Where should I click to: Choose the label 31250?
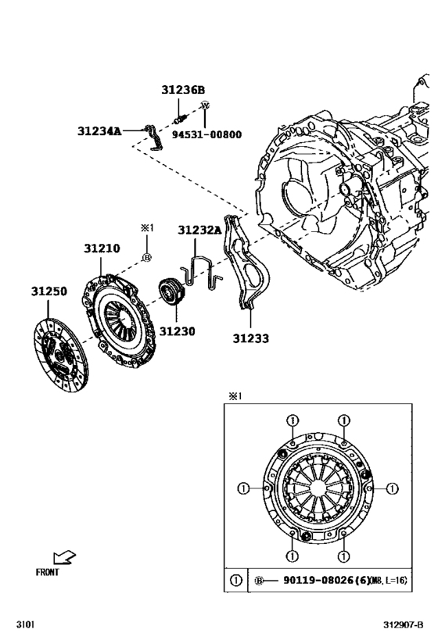(48, 291)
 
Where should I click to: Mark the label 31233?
(250, 338)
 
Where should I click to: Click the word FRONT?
(48, 572)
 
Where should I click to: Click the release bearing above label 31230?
(170, 293)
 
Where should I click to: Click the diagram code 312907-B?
(404, 625)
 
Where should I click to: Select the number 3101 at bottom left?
(25, 625)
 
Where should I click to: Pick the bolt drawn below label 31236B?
(180, 119)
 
